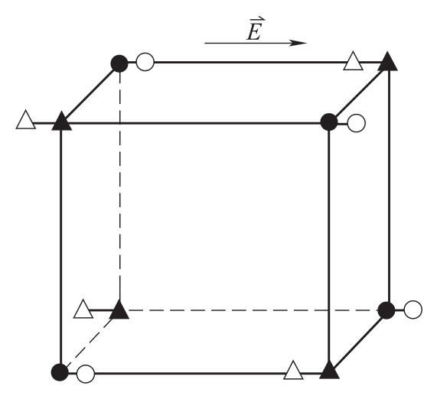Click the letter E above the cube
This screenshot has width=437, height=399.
click(254, 32)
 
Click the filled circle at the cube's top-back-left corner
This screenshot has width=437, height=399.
click(119, 63)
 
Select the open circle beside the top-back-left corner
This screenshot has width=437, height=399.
click(145, 62)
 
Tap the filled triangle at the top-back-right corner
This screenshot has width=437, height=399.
click(387, 62)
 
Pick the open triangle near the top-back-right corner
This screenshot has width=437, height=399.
click(353, 61)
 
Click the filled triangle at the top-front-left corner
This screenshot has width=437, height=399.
click(61, 122)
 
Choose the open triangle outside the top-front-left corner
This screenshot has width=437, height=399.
click(26, 120)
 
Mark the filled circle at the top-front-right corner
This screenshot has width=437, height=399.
click(329, 122)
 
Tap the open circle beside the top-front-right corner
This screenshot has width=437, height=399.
click(356, 123)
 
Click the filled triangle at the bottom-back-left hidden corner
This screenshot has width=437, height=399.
click(119, 310)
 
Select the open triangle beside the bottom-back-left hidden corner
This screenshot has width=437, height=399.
click(83, 310)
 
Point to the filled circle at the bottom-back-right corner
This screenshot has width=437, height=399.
click(386, 310)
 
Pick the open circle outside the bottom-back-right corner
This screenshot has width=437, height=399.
click(413, 310)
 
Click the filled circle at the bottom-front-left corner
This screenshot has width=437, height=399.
click(60, 372)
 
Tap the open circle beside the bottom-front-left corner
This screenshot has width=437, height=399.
click(86, 374)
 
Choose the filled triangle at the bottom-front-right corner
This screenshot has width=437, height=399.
click(329, 370)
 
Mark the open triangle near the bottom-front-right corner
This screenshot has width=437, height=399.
click(293, 371)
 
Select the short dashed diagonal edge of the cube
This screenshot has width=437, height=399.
click(90, 342)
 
